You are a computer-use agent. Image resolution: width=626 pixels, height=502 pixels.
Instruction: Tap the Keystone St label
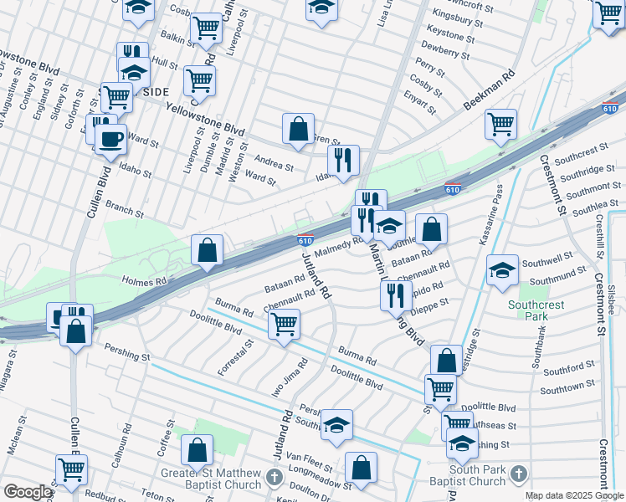coord(450,36)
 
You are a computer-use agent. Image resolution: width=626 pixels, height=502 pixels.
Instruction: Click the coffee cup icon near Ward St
coord(110,139)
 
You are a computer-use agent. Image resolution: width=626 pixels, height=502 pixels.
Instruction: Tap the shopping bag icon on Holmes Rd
coord(207,250)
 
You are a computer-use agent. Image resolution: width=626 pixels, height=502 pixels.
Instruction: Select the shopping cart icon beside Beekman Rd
coord(500,123)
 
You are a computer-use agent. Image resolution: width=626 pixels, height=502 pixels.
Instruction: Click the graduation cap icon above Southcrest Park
coord(502,270)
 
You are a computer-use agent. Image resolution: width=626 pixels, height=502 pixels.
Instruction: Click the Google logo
coord(28,492)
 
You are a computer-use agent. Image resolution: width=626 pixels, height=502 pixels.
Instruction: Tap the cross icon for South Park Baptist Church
coord(518,474)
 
